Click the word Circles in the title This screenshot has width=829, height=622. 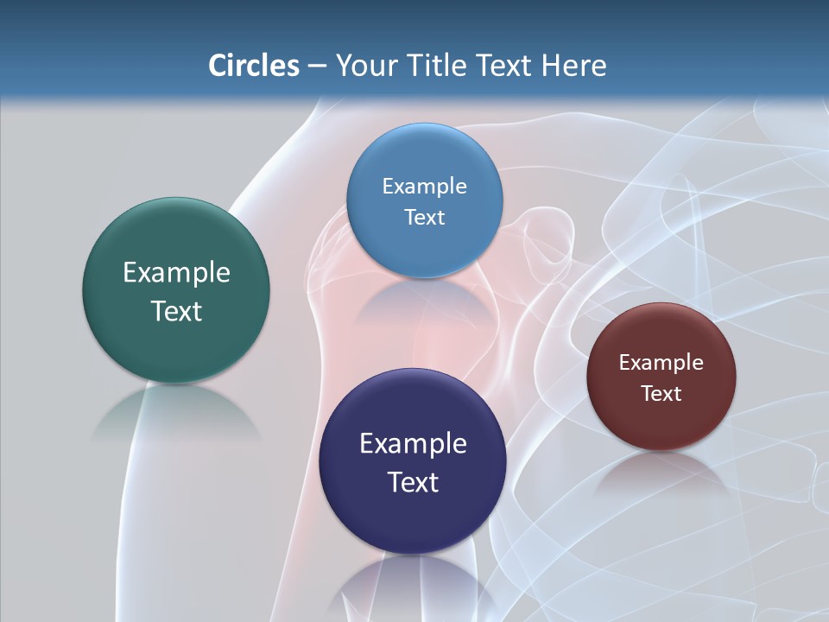[253, 65]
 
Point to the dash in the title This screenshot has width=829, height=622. [316, 66]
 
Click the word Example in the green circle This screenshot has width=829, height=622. [176, 272]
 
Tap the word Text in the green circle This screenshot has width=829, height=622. [176, 311]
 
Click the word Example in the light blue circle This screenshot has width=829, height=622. [424, 186]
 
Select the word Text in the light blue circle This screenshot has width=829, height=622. [424, 217]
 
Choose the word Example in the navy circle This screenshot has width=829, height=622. [413, 443]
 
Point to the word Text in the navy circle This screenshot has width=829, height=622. [413, 482]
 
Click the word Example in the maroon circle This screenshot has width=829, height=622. [661, 362]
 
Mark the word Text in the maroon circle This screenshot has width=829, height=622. [661, 393]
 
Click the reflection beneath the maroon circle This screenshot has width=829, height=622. [661, 470]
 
